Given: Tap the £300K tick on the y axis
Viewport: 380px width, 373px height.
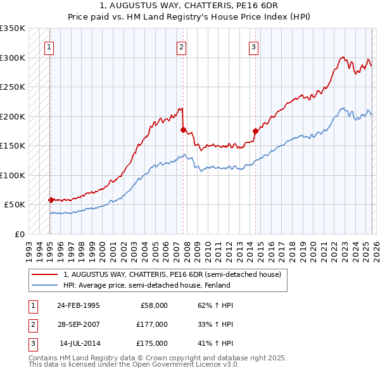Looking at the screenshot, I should tap(13, 58).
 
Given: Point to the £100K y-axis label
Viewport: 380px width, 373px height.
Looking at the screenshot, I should tap(13, 175).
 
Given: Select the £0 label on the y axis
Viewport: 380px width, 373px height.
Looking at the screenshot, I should tap(20, 234).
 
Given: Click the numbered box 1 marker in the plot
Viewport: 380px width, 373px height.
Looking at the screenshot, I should tap(49, 46).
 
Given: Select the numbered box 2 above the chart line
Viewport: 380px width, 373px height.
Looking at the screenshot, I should tap(181, 46).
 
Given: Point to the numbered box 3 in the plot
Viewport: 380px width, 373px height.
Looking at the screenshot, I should tap(253, 46).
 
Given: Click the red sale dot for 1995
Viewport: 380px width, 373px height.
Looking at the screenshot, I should tap(51, 200).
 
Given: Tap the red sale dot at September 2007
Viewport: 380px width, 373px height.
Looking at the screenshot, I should tap(183, 130).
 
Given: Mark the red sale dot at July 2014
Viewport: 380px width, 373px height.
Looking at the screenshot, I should tap(255, 131).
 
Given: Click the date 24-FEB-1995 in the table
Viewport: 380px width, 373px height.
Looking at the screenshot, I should tap(78, 305).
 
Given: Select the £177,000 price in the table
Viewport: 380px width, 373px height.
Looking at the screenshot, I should tap(151, 324).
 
